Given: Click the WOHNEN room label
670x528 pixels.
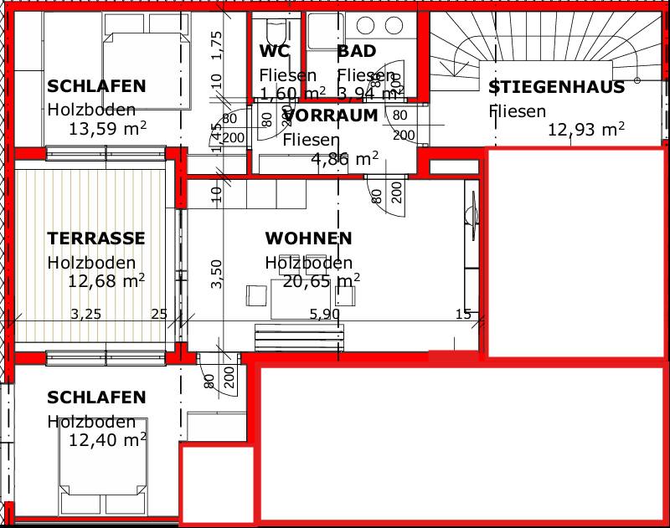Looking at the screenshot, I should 308,238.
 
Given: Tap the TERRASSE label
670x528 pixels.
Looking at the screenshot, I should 96,238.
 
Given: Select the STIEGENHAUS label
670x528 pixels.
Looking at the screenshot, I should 556,87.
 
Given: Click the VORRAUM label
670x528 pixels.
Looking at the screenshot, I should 331,115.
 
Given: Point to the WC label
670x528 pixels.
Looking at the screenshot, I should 274,51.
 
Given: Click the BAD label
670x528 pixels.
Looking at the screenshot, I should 357,51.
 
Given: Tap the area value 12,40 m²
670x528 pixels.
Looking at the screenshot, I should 107,438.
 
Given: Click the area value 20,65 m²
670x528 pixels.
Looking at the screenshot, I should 322,281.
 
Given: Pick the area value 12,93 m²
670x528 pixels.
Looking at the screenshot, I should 586,129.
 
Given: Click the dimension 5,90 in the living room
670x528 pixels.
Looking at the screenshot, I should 325,315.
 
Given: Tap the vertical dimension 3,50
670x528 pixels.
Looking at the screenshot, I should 216,274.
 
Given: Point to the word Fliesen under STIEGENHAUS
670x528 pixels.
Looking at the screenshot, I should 518,110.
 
